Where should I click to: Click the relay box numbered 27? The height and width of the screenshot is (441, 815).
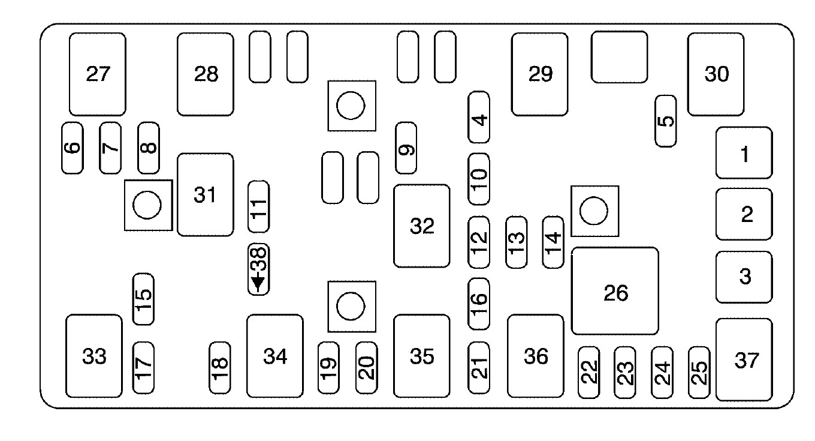(x=98, y=74)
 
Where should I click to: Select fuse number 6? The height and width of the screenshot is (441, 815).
(x=73, y=148)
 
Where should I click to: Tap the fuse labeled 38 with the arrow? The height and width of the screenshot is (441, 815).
(x=259, y=269)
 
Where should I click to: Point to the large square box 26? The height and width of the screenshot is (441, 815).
(x=615, y=291)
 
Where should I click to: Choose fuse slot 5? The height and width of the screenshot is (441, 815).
(x=665, y=121)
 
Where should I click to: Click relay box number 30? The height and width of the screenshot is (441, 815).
(x=716, y=74)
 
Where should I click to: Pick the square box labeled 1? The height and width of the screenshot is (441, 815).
(x=744, y=153)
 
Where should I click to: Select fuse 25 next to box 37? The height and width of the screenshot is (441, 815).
(x=699, y=373)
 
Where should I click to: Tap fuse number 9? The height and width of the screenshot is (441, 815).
(x=406, y=148)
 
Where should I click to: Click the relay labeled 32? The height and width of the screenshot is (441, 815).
(x=421, y=226)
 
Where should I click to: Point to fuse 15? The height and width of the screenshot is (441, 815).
(x=143, y=299)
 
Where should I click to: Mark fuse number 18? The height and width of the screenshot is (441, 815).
(x=220, y=368)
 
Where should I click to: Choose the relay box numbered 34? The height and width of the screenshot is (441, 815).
(x=274, y=356)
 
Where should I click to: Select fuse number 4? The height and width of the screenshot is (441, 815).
(x=479, y=117)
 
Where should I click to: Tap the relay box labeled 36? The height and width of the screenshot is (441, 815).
(x=535, y=356)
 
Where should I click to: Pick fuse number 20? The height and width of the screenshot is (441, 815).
(x=366, y=368)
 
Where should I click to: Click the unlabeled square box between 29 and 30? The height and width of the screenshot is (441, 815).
(x=619, y=57)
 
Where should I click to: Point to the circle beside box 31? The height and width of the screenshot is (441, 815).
(x=147, y=205)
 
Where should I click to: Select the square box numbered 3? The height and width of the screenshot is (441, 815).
(x=744, y=277)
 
